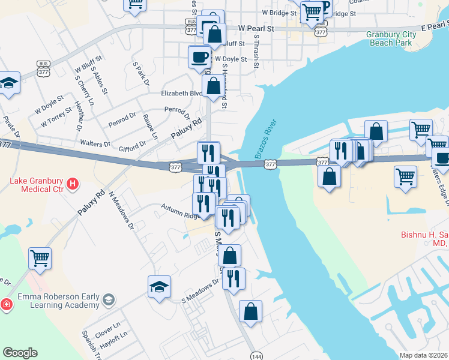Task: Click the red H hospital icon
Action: [73, 182]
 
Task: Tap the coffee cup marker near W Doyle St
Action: [199, 58]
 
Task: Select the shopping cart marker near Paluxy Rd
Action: [40, 259]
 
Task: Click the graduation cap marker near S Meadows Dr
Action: [160, 286]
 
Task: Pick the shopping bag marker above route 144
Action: [251, 311]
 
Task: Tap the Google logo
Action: [20, 353]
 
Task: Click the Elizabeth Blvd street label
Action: [182, 94]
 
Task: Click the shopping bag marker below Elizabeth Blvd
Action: [213, 86]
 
